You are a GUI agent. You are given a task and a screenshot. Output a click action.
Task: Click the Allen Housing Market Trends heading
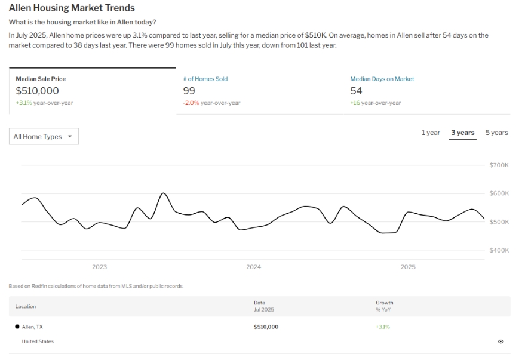[72, 8]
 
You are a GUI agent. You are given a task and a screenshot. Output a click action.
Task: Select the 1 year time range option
[431, 133]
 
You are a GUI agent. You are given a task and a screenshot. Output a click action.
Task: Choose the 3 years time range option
[463, 133]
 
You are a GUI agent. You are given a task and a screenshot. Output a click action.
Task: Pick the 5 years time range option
[496, 133]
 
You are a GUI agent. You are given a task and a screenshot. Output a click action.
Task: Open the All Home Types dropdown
[44, 137]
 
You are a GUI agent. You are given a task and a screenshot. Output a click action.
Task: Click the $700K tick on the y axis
[499, 165]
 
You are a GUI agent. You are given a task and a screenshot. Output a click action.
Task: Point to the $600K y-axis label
[499, 193]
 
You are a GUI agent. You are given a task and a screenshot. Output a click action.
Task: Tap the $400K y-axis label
[499, 251]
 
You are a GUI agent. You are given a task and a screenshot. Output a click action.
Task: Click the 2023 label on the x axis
[99, 267]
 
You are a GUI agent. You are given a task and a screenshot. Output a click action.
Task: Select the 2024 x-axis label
[253, 267]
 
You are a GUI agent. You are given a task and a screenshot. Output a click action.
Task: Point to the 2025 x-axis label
[408, 267]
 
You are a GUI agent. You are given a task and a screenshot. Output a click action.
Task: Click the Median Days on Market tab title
[382, 79]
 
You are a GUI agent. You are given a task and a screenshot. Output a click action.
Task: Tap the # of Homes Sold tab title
[205, 79]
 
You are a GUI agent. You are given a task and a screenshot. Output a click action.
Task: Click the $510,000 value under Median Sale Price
[37, 91]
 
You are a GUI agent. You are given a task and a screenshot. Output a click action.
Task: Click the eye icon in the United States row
[500, 341]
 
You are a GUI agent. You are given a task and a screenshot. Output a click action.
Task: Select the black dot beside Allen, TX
[17, 327]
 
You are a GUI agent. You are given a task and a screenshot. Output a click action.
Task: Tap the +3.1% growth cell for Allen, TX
[382, 327]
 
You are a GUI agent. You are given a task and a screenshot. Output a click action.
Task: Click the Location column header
[26, 307]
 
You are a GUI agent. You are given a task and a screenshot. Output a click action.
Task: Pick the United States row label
[38, 341]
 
